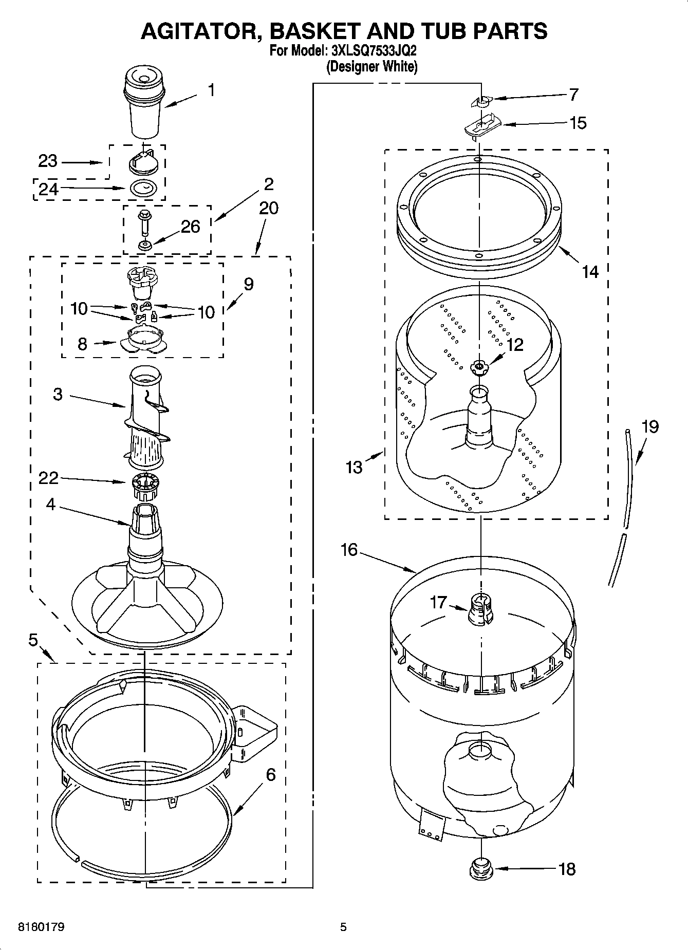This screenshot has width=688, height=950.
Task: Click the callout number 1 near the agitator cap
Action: click(211, 90)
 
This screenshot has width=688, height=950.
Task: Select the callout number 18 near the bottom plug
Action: click(567, 869)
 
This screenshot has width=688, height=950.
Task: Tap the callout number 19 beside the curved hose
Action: click(650, 427)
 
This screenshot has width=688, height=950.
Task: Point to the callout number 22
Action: click(49, 478)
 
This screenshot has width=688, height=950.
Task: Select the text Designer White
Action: click(371, 67)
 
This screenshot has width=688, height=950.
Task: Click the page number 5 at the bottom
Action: click(343, 927)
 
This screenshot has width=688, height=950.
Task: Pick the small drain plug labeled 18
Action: click(481, 868)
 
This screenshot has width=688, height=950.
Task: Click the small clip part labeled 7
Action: click(480, 101)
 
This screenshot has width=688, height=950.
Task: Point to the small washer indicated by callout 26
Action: click(145, 246)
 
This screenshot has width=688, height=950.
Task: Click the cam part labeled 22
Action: click(145, 486)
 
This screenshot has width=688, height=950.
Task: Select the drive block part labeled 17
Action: click(480, 609)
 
